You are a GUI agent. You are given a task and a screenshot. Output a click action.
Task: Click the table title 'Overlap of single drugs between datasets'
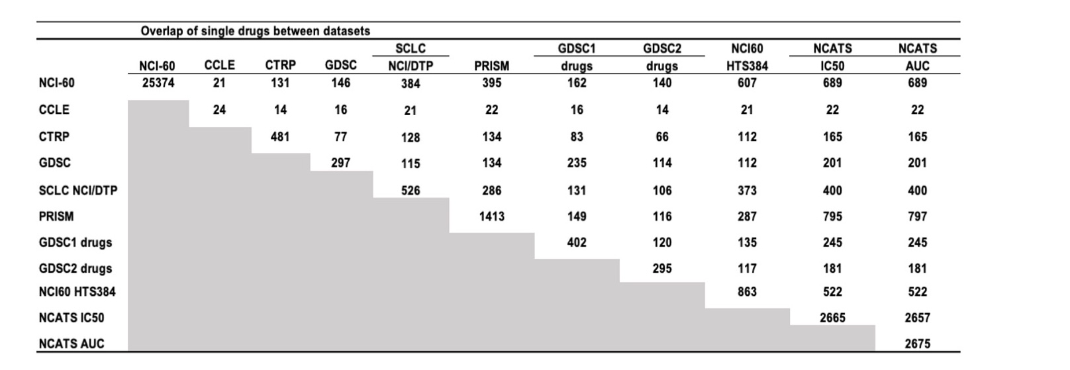point(255,31)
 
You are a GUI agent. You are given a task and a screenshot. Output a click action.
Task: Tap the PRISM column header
point(491,66)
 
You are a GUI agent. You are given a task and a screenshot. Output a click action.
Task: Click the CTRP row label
point(54,136)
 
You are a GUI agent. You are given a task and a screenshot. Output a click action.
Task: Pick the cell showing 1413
point(491,216)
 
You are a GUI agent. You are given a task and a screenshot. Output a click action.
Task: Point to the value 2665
point(832,318)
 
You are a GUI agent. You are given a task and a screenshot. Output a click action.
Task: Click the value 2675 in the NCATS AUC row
point(917,344)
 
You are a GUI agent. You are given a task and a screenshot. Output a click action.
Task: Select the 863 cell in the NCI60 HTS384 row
point(747,292)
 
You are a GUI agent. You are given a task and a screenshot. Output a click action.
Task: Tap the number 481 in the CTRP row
point(280,136)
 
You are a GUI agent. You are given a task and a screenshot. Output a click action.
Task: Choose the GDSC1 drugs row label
point(75,242)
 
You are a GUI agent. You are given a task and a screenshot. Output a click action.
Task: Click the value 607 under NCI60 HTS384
point(747,83)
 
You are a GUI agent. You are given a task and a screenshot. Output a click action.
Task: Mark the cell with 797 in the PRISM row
point(917,216)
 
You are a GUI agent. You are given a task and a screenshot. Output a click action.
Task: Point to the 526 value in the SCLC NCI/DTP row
point(411,191)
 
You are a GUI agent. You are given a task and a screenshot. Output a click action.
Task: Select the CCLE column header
point(219,66)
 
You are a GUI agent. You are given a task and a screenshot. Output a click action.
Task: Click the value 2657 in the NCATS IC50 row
point(917,318)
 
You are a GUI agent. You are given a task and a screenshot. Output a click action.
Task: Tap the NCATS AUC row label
point(72,344)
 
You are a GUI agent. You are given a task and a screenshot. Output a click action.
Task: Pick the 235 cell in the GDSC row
point(577,163)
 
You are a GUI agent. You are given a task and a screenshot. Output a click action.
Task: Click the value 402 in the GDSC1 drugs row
point(577,242)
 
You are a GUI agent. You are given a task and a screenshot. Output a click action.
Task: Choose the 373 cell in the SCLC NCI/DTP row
point(747,191)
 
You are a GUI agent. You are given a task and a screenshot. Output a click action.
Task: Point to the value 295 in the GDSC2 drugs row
point(662,269)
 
